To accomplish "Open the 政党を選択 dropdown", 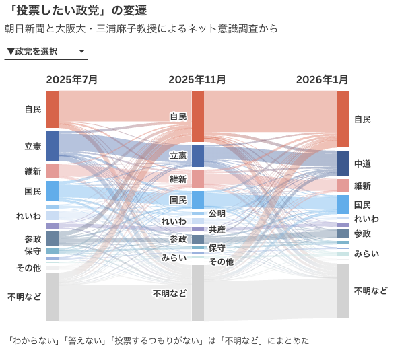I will (x=46, y=52).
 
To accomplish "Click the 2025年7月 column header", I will (x=72, y=79).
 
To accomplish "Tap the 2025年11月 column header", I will (x=197, y=79).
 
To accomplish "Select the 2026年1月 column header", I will (x=323, y=79).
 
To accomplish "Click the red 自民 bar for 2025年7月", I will (x=53, y=109).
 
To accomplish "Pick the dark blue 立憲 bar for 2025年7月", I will (x=53, y=145).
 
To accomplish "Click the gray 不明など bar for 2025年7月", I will (x=53, y=296).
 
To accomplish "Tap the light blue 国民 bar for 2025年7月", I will (x=53, y=190).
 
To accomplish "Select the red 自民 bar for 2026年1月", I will (x=343, y=119).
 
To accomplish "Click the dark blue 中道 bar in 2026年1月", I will (x=343, y=163).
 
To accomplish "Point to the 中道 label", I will (x=362, y=164).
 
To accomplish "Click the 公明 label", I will (x=217, y=213).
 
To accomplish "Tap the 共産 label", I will (x=217, y=229).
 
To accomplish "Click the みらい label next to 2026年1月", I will (x=366, y=254).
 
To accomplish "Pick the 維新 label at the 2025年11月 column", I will (x=178, y=179).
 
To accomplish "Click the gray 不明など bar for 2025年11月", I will (x=198, y=293).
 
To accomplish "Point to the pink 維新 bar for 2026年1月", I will (x=343, y=186).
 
